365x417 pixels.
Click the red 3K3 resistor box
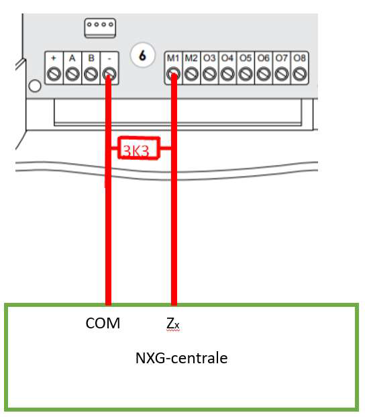point(139,148)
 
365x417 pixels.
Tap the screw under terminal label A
point(72,74)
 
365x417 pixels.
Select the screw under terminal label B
point(91,74)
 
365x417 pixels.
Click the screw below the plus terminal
point(54,74)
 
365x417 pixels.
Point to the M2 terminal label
point(191,58)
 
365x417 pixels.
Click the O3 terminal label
point(209,58)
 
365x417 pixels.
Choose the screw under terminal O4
point(227,74)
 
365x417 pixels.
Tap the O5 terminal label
point(246,58)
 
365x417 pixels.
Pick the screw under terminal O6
point(264,74)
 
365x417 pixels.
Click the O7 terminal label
point(282,58)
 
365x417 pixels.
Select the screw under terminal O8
point(300,74)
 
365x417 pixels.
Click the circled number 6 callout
point(143,55)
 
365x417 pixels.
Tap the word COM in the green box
point(103,324)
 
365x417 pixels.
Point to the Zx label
point(172,324)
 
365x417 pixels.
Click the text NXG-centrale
point(181,358)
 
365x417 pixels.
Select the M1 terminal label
point(173,58)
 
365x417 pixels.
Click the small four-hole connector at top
point(100,28)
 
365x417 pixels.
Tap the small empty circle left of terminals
point(35,86)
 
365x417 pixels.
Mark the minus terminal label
point(109,58)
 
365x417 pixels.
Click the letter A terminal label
point(72,58)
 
